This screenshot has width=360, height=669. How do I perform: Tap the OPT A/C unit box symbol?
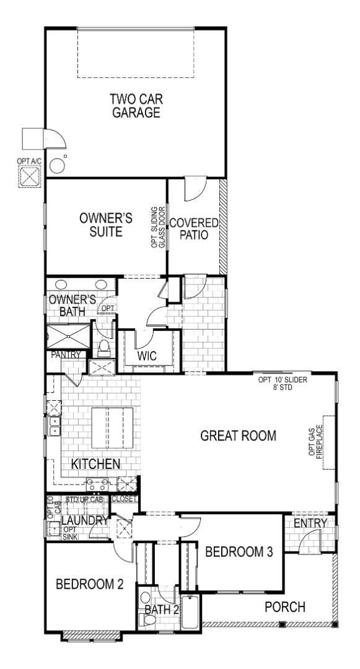pos(29,177)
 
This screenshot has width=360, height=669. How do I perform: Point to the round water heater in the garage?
pos(57,165)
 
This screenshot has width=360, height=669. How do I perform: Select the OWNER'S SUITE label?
pos(106,225)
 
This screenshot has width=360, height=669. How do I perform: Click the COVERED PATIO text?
pos(195,229)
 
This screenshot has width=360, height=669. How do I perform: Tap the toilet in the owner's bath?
pos(104,346)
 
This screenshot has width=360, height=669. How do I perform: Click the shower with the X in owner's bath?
pos(68,338)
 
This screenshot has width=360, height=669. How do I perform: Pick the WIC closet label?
pos(147,357)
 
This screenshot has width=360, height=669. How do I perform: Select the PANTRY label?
pos(63,356)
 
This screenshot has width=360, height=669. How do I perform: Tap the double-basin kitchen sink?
pos(53,426)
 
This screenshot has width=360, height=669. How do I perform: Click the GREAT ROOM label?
pos(237,435)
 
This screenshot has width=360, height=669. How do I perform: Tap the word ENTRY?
pos(310,523)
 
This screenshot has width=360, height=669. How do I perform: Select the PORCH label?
pos(285,607)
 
